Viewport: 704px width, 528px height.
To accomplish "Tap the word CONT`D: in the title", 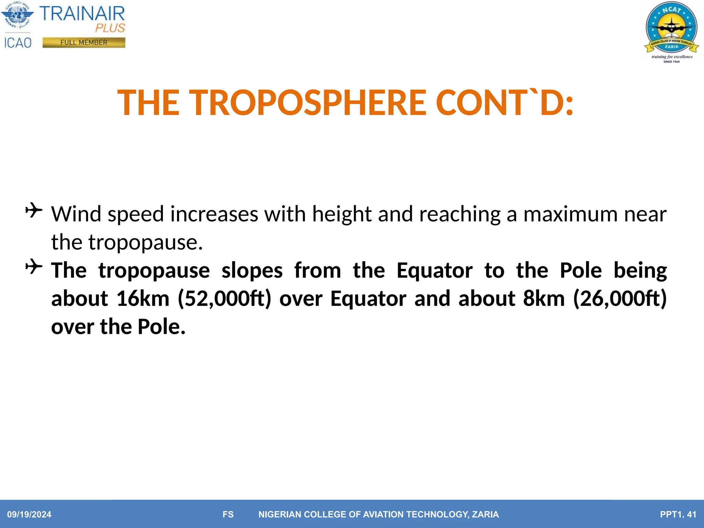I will [x=504, y=102].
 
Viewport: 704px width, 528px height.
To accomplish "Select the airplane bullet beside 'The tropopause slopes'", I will [x=34, y=266].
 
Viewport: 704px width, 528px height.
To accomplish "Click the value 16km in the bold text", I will [x=143, y=298].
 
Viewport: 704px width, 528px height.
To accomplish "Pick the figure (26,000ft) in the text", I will [x=620, y=298].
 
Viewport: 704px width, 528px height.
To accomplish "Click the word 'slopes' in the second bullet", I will [x=252, y=271].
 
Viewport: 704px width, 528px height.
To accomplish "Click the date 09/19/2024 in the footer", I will [x=29, y=514].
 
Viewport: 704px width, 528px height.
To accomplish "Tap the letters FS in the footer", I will [x=228, y=514].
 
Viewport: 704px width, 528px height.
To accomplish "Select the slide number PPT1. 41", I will [x=678, y=514].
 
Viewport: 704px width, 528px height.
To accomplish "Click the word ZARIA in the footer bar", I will [x=485, y=514].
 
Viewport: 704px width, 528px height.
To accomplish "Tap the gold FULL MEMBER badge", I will [x=84, y=43].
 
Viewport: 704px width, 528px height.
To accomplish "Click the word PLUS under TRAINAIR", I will [x=110, y=28].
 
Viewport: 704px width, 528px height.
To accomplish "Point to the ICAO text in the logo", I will [x=18, y=43].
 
